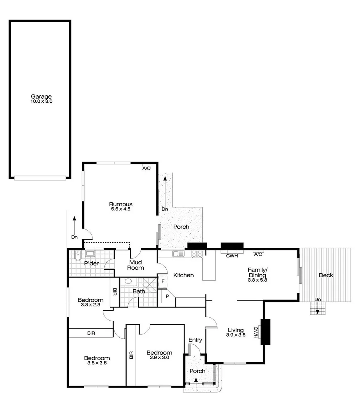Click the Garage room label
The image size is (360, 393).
(x=41, y=96)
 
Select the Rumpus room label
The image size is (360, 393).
(x=120, y=204)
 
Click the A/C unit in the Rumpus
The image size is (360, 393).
(x=146, y=168)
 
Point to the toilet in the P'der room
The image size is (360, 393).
(x=77, y=256)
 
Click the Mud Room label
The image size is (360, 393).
(x=135, y=265)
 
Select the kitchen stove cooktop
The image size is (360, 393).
(x=197, y=254)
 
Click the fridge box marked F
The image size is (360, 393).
(x=163, y=281)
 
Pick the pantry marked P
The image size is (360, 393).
(x=167, y=296)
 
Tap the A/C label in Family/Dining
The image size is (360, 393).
(x=258, y=254)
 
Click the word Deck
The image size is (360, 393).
(x=326, y=275)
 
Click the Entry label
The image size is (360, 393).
(x=195, y=340)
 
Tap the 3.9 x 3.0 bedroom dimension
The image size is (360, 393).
(x=159, y=358)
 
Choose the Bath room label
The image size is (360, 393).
(x=139, y=291)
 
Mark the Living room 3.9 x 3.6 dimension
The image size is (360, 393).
(x=236, y=335)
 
